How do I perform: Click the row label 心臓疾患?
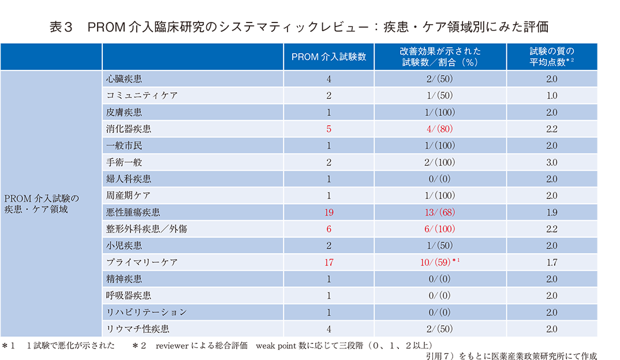(x=124, y=78)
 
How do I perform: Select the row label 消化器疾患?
(x=128, y=129)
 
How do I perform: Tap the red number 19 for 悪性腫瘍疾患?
(x=328, y=212)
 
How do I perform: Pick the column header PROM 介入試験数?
(x=328, y=57)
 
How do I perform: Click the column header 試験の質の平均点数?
(x=552, y=57)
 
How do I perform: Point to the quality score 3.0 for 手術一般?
(x=552, y=162)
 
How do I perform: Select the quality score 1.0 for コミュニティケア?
(x=552, y=95)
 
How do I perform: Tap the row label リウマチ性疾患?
(x=137, y=329)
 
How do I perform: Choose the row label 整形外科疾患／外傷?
(x=146, y=229)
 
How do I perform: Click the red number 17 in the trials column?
(x=328, y=262)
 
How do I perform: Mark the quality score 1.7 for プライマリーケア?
(x=552, y=262)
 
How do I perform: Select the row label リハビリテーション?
(x=146, y=313)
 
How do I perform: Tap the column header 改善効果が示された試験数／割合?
(x=440, y=57)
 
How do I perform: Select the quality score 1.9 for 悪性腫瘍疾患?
(x=552, y=212)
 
